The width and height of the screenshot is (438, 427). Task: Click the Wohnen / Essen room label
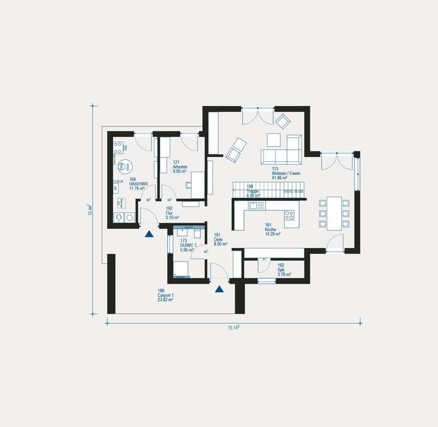tap(285, 173)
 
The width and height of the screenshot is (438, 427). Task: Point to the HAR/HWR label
tap(136, 184)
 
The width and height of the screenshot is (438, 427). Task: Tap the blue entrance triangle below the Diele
tap(219, 289)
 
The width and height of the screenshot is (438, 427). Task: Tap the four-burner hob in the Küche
tap(289, 215)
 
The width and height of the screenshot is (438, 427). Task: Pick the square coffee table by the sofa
tap(273, 141)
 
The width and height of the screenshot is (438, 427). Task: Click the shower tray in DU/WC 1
tap(182, 268)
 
